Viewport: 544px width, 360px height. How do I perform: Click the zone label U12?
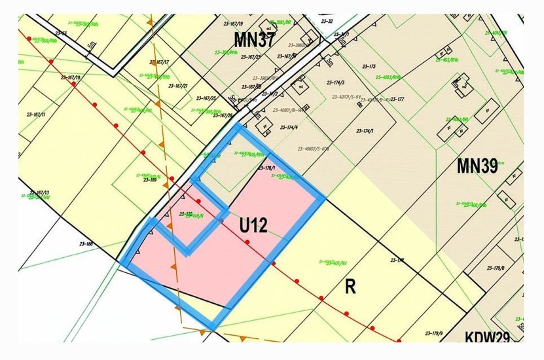pyautogui.click(x=253, y=226)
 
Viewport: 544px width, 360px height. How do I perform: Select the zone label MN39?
pyautogui.click(x=477, y=166)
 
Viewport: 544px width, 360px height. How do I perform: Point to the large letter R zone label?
pyautogui.click(x=350, y=287)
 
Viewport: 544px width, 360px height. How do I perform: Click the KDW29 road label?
pyautogui.click(x=487, y=337)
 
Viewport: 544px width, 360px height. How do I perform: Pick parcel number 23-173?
pyautogui.click(x=368, y=67)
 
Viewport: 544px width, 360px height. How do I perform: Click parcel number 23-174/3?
pyautogui.click(x=334, y=83)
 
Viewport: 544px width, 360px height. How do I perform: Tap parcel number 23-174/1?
pyautogui.click(x=365, y=131)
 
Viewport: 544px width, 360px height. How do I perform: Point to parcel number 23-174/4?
pyautogui.click(x=289, y=127)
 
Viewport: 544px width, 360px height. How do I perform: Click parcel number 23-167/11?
pyautogui.click(x=36, y=115)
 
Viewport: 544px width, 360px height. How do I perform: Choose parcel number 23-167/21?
pyautogui.click(x=178, y=86)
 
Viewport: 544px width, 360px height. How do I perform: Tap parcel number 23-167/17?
pyautogui.click(x=160, y=62)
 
